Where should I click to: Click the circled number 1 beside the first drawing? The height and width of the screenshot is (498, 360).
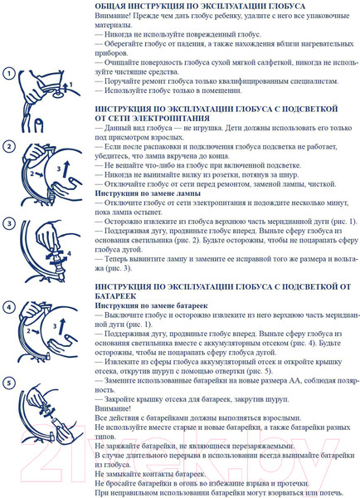click(x=9, y=74)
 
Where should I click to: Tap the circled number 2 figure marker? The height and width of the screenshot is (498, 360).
click(x=9, y=146)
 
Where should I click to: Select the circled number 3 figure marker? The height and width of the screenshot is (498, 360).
click(x=9, y=223)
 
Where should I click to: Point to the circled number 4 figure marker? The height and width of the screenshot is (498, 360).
click(x=9, y=307)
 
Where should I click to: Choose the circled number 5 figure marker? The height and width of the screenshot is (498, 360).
click(x=9, y=383)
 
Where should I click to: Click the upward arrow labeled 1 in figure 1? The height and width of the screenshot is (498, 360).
click(x=65, y=86)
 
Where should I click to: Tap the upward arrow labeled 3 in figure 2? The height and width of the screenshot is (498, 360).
click(x=66, y=168)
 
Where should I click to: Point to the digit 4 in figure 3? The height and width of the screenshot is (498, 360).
click(x=69, y=254)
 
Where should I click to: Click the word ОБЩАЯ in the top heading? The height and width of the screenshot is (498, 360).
click(x=110, y=6)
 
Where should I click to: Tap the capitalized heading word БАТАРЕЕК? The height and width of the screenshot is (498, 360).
click(x=115, y=296)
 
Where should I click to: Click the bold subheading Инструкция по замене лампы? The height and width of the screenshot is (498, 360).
click(x=148, y=193)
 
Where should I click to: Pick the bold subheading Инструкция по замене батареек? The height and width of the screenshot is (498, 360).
click(x=152, y=305)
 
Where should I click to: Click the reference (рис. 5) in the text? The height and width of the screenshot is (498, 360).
click(x=260, y=371)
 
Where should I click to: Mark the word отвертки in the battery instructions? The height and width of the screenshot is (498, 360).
click(x=231, y=371)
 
